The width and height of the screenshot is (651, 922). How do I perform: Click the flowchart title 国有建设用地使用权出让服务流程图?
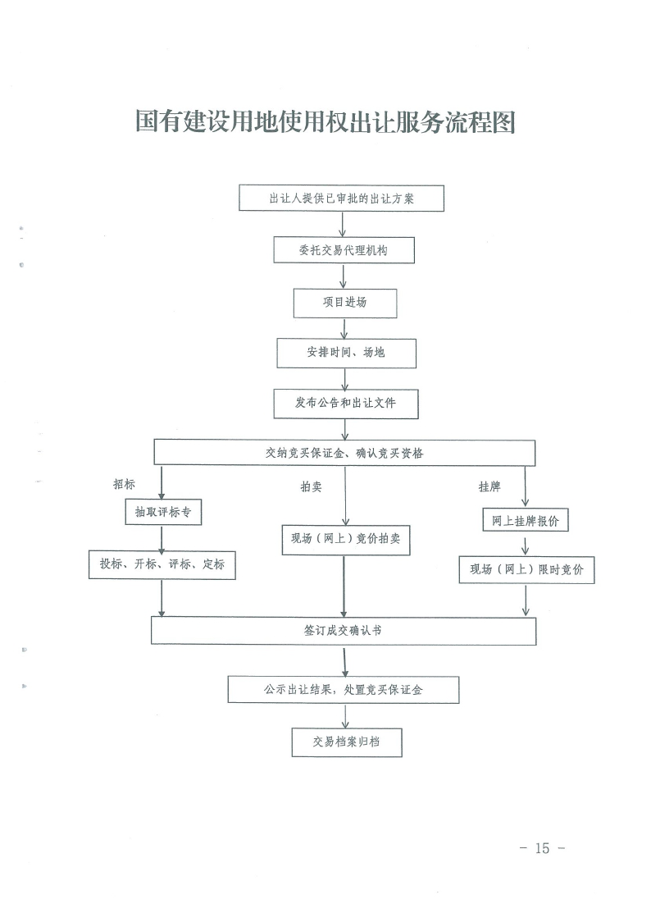tap(325, 122)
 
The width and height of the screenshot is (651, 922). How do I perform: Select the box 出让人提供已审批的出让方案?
tap(341, 199)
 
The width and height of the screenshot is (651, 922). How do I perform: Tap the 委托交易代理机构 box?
tap(344, 250)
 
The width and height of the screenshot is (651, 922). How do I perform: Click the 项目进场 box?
tap(345, 303)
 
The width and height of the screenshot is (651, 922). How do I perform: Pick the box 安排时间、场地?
tap(346, 353)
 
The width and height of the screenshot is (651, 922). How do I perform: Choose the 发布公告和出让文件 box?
tap(346, 404)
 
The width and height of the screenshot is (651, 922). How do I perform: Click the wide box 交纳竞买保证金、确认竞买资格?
tap(344, 453)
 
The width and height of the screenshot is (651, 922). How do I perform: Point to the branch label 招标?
tap(124, 484)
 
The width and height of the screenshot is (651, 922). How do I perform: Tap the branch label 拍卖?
tap(311, 487)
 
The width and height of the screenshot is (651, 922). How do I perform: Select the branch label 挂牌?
tap(489, 486)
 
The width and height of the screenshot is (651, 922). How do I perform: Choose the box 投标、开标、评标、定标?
tap(162, 564)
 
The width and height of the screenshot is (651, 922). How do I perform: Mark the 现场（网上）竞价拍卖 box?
tap(345, 540)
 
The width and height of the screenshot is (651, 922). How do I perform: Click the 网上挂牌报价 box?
tap(525, 520)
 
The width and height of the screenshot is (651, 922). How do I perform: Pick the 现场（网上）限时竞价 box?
tap(526, 569)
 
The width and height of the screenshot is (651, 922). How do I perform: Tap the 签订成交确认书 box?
tap(344, 631)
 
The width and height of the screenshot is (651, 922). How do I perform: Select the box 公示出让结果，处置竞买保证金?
tap(344, 690)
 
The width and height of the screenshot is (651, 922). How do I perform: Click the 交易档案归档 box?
tap(347, 742)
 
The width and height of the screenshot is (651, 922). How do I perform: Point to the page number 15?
tap(542, 848)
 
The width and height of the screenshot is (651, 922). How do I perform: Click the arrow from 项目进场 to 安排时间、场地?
tap(344, 328)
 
